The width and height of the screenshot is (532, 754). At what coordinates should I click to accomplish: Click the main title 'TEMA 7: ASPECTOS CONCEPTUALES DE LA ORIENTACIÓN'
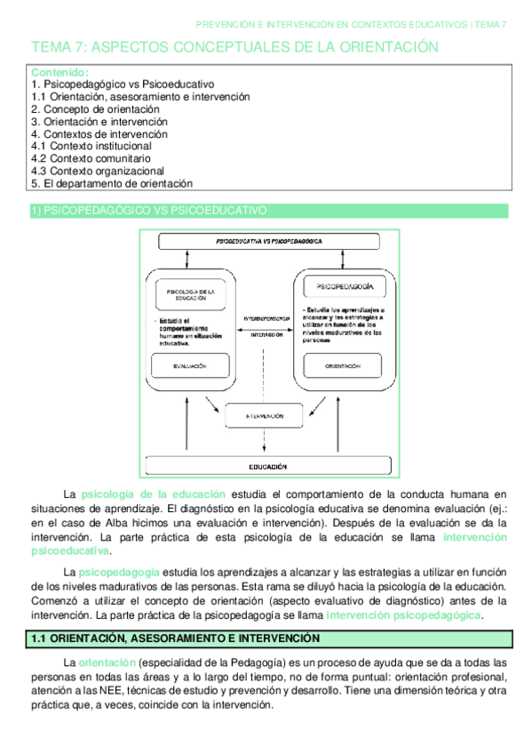click(235, 46)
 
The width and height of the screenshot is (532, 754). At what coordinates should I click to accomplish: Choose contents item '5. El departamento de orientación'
click(111, 183)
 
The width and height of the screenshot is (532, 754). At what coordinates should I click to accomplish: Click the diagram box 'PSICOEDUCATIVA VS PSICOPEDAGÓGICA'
click(270, 241)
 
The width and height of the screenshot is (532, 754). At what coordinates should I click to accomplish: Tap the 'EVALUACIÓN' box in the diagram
click(186, 365)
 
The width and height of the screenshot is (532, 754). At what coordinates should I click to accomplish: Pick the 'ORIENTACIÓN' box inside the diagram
click(342, 365)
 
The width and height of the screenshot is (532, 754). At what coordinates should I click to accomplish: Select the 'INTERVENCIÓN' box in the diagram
click(264, 415)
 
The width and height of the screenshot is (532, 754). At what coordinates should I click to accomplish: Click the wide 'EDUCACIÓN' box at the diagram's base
click(267, 465)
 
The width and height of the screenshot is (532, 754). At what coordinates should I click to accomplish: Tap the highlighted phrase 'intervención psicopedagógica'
click(402, 614)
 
